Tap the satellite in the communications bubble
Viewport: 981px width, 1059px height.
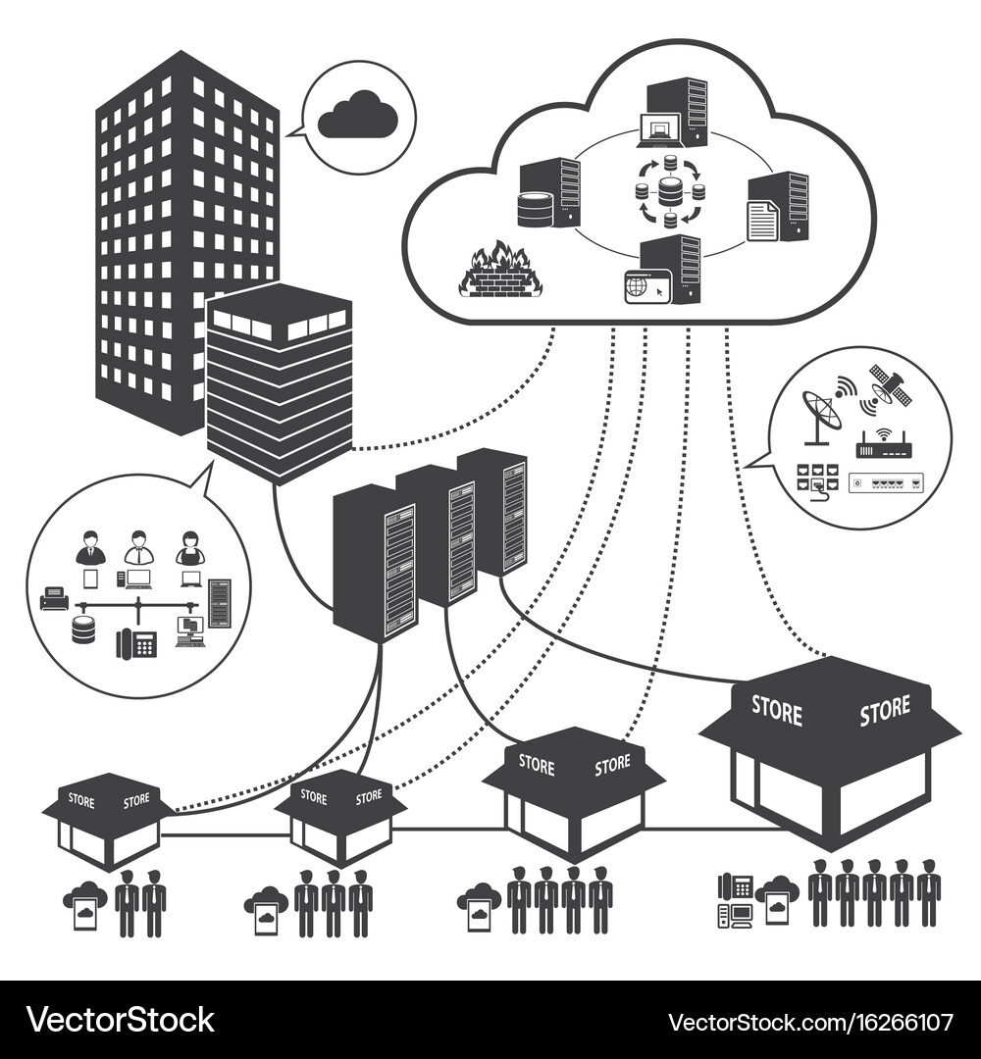(890, 386)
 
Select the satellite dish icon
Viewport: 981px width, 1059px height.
(821, 410)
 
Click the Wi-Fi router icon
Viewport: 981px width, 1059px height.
(883, 446)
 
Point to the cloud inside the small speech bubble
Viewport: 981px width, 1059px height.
(357, 115)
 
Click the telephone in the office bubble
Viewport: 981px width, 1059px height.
(136, 643)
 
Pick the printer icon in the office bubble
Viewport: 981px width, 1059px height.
(54, 597)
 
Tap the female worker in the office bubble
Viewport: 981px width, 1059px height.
(189, 549)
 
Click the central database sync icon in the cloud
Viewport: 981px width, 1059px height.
(670, 190)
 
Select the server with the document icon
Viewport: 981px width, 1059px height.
(778, 207)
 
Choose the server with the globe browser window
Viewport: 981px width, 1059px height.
(663, 271)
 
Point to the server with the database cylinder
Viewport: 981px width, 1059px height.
(548, 194)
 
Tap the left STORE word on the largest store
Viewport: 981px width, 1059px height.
(776, 711)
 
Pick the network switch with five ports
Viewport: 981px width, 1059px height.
(886, 482)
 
